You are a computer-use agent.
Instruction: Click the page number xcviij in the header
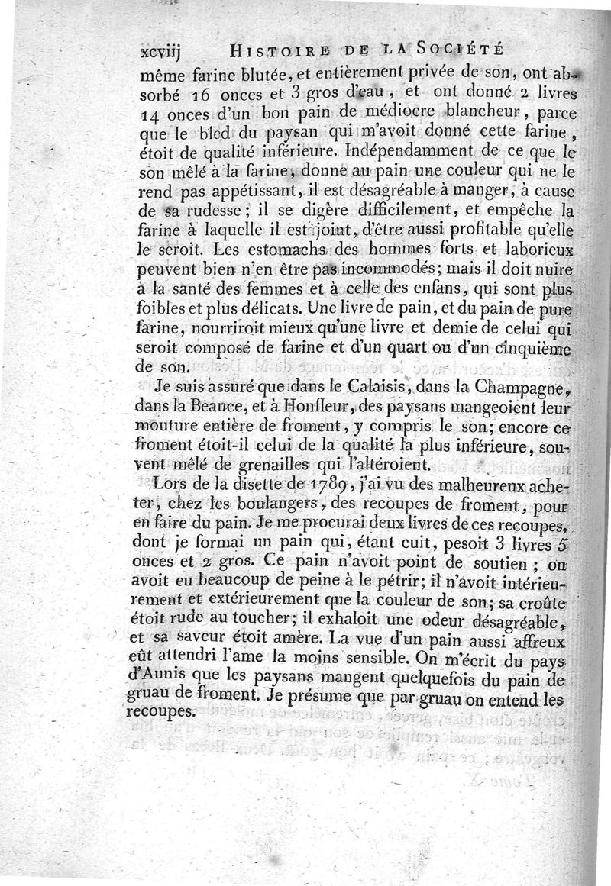(164, 53)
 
